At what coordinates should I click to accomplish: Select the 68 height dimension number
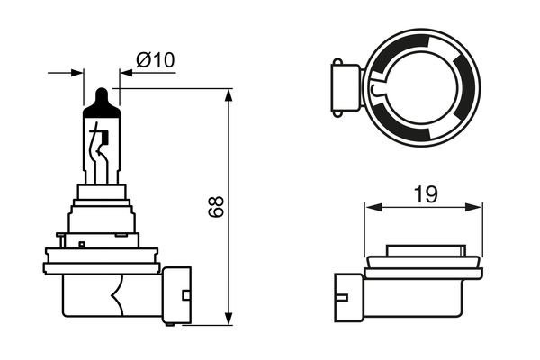[x=215, y=207]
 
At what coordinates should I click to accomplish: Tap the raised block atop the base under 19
[x=424, y=251]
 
